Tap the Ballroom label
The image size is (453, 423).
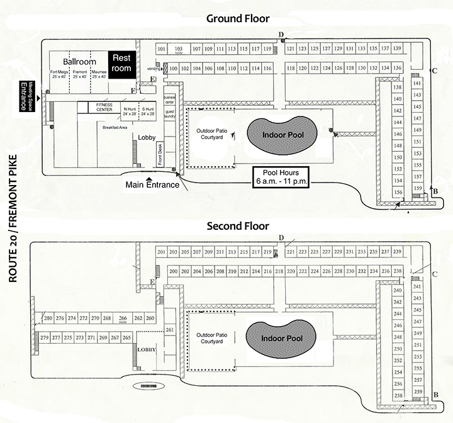coord(79,62)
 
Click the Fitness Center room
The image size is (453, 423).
coord(99,107)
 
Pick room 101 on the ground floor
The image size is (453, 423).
coord(162,49)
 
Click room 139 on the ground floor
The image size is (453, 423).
coord(397,49)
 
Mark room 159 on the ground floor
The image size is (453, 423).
coord(417,188)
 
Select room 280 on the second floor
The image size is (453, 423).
coord(48,319)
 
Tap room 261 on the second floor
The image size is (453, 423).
coord(169,330)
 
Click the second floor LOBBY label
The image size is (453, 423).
coord(146,349)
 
